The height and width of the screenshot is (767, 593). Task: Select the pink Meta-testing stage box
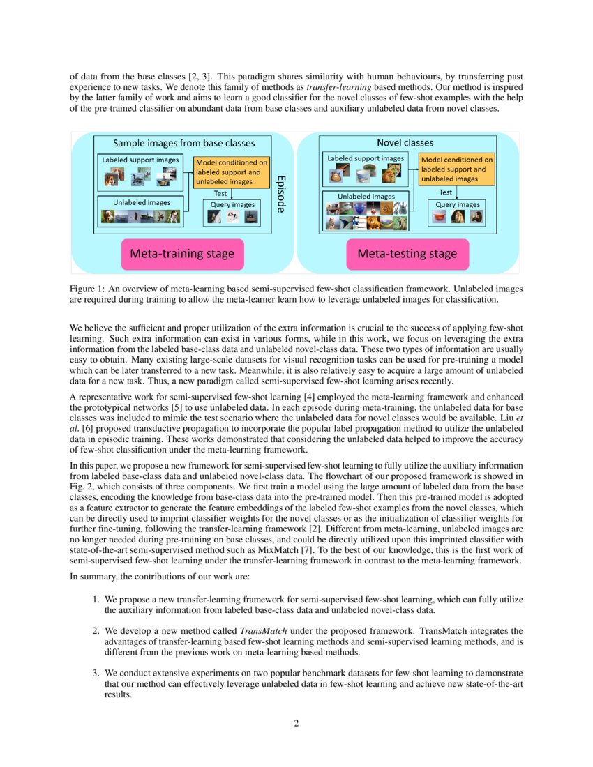point(407,254)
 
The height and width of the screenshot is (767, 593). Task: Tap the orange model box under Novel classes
point(456,169)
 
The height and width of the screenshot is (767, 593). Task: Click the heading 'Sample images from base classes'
point(184,144)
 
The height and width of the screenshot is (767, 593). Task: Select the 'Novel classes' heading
point(405,142)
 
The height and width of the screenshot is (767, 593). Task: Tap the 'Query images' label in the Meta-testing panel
point(458,205)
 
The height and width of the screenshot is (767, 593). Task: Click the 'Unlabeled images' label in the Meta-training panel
point(140,202)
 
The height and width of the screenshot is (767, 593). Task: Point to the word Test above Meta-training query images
point(220,193)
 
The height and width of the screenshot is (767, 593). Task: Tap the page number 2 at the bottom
point(296,722)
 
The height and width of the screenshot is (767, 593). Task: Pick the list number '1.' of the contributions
point(97,599)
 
